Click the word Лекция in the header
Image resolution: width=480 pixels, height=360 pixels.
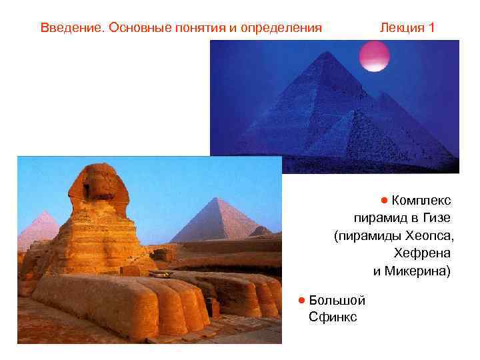point(402,28)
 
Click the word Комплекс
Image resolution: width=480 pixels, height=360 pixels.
point(421,201)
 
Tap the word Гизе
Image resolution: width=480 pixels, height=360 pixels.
point(436,218)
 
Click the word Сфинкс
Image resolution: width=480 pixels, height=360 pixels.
point(333,317)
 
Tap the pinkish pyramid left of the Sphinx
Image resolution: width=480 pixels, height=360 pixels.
point(40,230)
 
